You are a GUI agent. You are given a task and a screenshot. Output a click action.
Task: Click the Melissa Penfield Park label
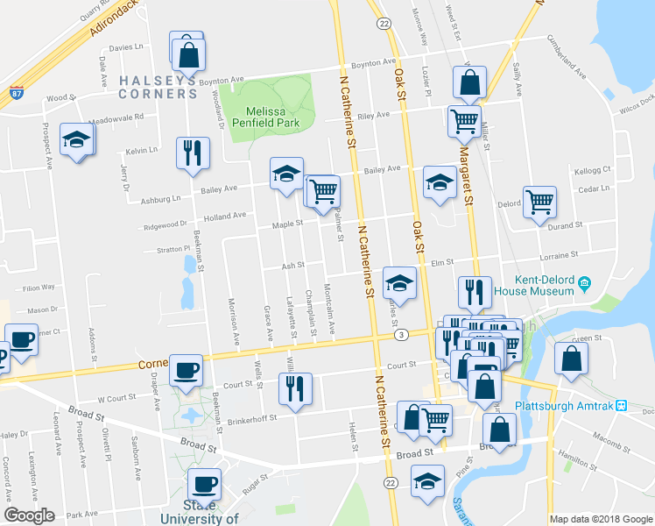271,115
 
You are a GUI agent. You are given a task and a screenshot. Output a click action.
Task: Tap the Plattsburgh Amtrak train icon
621,405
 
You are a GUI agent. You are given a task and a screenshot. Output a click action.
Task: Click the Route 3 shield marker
400,335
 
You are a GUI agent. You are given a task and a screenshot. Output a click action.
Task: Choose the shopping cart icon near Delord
539,202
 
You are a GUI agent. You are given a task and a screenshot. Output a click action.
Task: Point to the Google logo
29,515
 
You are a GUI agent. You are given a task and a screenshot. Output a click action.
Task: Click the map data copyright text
600,519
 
